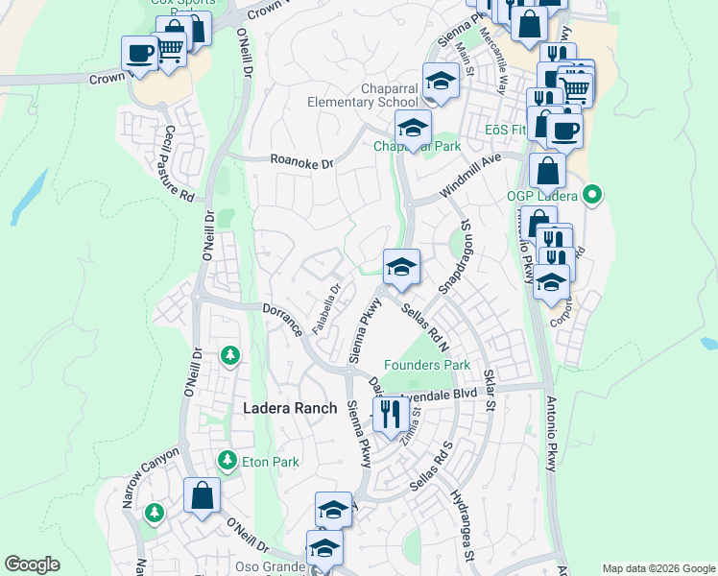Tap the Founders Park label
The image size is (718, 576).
pos(427,365)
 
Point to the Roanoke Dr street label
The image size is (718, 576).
pos(301,163)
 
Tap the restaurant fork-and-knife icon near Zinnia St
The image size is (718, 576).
pos(389,414)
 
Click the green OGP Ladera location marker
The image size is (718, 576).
pos(592,196)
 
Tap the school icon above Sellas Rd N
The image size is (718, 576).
pos(400,267)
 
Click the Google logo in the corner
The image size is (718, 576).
pos(32,564)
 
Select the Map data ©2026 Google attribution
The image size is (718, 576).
pos(658,568)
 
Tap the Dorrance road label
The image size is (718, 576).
pos(284,319)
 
